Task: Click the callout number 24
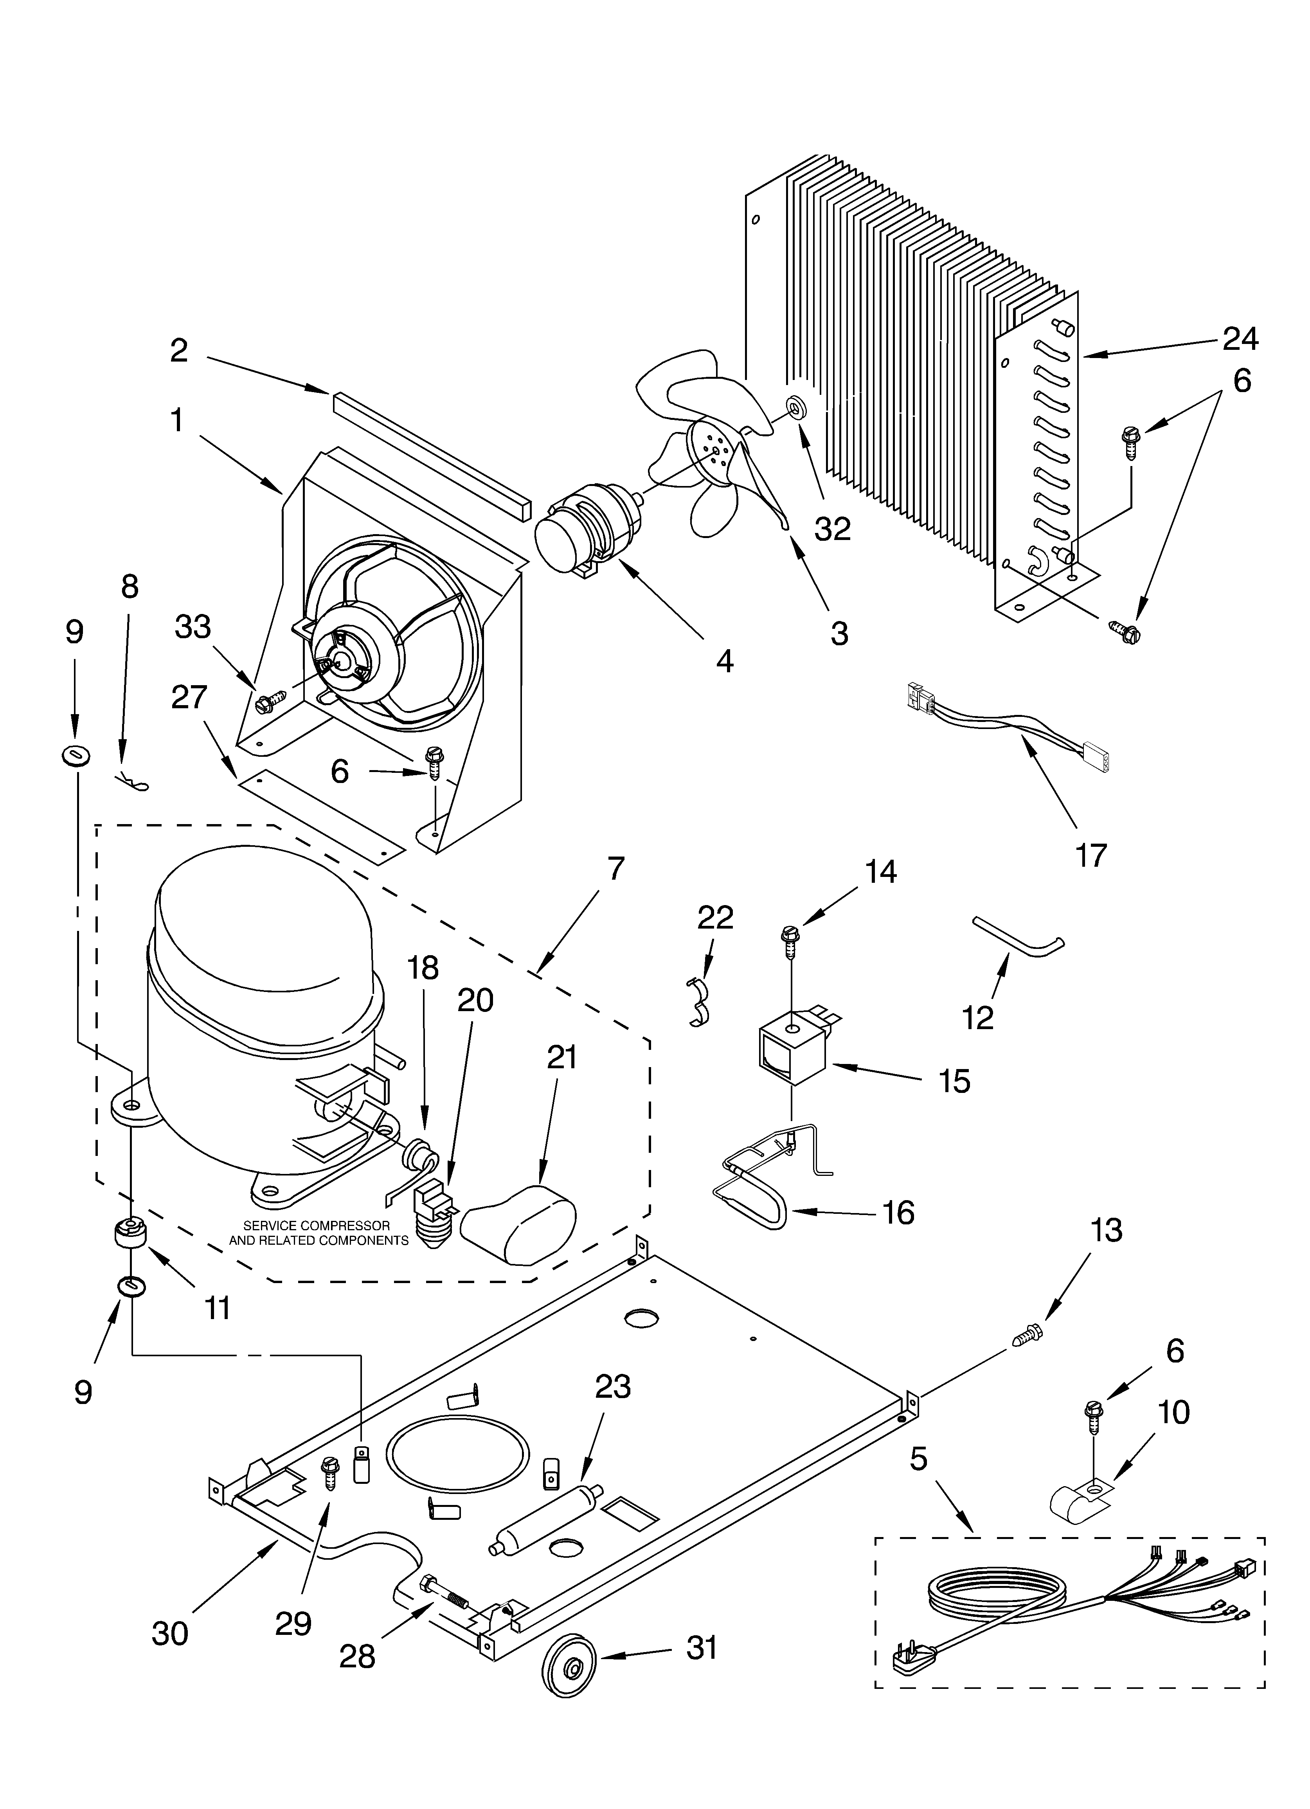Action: click(1241, 339)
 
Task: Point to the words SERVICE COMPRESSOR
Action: click(317, 1225)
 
